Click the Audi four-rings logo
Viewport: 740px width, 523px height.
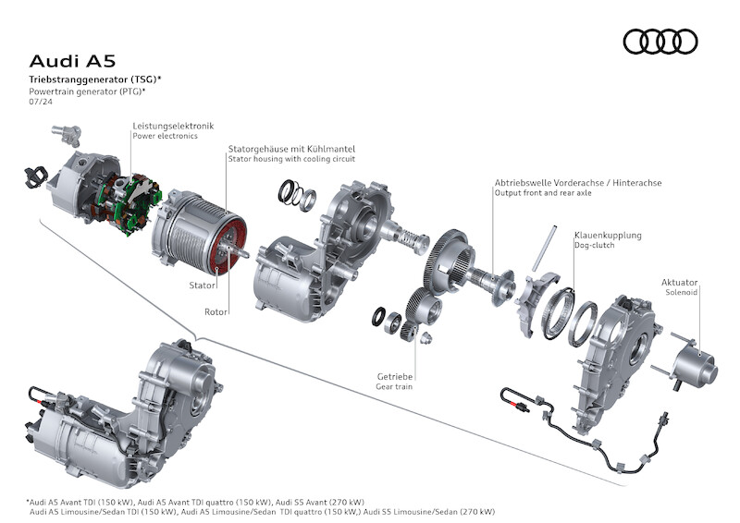(660, 42)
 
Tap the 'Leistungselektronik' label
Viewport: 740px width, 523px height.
(173, 125)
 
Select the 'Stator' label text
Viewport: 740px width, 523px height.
(203, 286)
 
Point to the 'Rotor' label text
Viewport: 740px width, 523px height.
(216, 311)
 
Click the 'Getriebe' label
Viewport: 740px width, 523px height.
(394, 376)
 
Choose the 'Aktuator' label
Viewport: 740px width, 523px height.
(679, 282)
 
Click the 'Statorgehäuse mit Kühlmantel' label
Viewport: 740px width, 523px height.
(291, 148)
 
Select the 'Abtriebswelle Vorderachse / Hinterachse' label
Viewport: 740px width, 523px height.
(577, 183)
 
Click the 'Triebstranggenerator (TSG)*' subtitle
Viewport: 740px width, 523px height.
(89, 81)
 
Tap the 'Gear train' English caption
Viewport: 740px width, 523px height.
(395, 386)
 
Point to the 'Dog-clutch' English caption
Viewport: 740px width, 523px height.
(594, 246)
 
